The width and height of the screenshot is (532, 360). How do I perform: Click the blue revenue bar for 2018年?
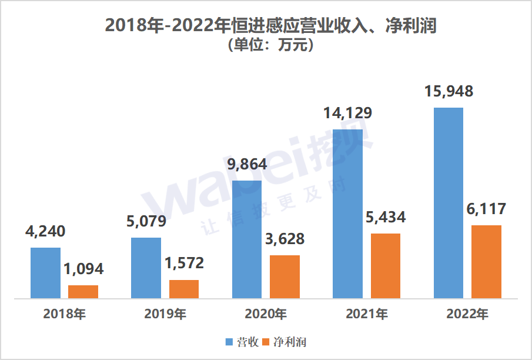click(x=45, y=273)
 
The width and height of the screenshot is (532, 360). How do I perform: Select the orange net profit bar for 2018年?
click(x=83, y=292)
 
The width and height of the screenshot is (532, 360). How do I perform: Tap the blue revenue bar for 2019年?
click(x=146, y=268)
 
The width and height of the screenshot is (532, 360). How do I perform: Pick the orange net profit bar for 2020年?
click(x=285, y=276)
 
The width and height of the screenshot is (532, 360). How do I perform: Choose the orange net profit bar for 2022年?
click(x=486, y=261)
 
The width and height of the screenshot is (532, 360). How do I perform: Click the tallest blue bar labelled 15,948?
click(x=448, y=202)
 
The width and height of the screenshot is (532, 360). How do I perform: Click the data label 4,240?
click(x=45, y=231)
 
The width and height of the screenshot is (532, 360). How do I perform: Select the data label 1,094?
click(x=83, y=269)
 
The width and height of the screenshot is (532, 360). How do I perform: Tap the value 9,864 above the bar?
click(x=247, y=164)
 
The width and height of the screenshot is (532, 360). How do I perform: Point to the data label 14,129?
click(x=347, y=113)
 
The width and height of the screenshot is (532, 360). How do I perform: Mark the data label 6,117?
click(x=486, y=209)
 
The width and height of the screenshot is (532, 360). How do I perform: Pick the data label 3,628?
click(x=285, y=239)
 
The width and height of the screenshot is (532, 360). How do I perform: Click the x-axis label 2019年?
click(x=165, y=314)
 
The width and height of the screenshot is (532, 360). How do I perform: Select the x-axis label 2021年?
click(x=366, y=314)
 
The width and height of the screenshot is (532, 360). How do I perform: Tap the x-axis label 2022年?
click(x=467, y=314)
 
